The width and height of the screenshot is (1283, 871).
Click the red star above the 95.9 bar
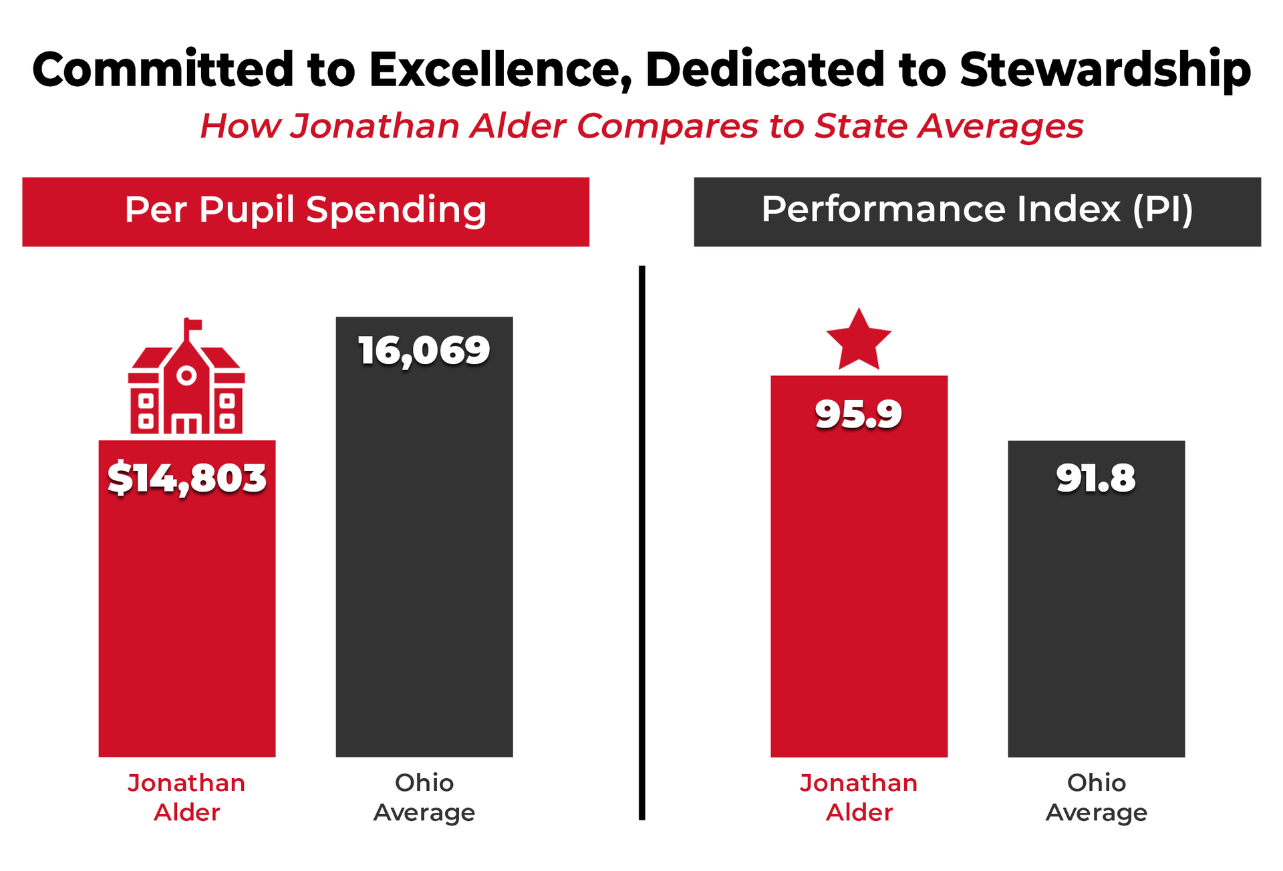(x=859, y=341)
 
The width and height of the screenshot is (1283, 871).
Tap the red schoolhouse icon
(x=186, y=387)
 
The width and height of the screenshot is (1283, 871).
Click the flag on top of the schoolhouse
(x=193, y=325)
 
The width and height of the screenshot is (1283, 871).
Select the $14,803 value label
(x=187, y=478)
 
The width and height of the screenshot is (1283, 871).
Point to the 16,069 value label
(x=424, y=351)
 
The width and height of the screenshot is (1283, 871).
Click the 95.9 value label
(x=859, y=414)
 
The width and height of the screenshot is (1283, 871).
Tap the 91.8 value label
(x=1096, y=478)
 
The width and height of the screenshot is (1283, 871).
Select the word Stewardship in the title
(x=1105, y=69)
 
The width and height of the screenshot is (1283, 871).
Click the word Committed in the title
(x=163, y=69)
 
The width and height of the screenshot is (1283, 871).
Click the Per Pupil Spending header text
(x=305, y=210)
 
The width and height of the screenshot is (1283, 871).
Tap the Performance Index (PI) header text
(x=977, y=210)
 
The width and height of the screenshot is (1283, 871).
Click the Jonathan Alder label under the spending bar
(x=187, y=798)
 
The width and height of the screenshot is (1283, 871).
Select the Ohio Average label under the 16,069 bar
(x=424, y=798)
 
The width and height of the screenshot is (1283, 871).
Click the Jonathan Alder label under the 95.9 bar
(x=859, y=798)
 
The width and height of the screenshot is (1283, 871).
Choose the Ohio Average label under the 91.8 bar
(x=1096, y=798)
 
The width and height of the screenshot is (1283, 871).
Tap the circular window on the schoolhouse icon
(x=186, y=376)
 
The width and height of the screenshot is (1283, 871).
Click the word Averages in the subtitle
(x=1000, y=126)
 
